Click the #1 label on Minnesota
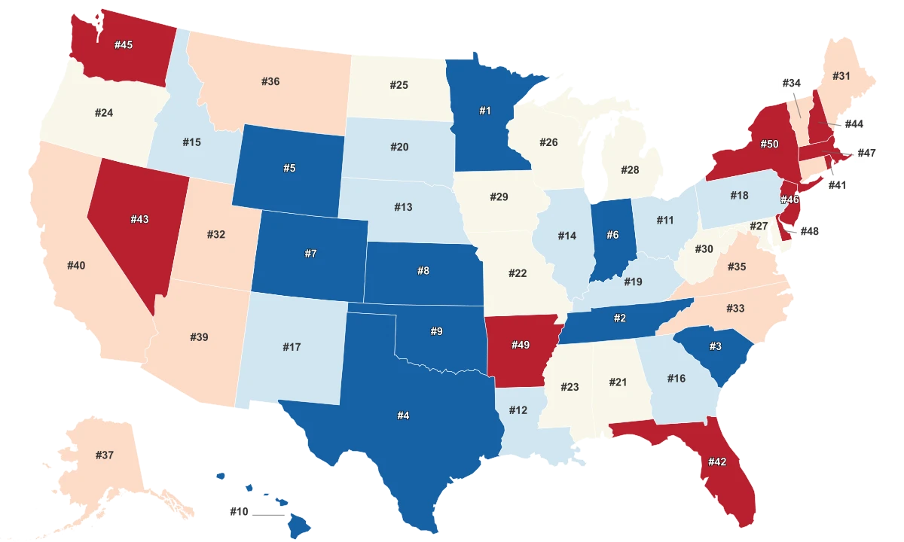point(485,111)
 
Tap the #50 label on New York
point(769,144)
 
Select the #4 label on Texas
point(404,415)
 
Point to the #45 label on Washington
point(124,45)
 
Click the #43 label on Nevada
point(139,220)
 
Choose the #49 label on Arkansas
point(521,345)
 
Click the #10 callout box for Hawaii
point(240,512)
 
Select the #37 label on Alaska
point(105,455)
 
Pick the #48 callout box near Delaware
point(808,232)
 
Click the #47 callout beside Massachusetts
point(867,153)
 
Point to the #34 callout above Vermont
point(790,83)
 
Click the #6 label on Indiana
point(612,235)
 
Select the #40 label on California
point(76,265)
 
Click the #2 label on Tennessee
point(619,318)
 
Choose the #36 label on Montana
point(270,81)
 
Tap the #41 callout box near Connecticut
point(837,184)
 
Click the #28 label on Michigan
point(630,170)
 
